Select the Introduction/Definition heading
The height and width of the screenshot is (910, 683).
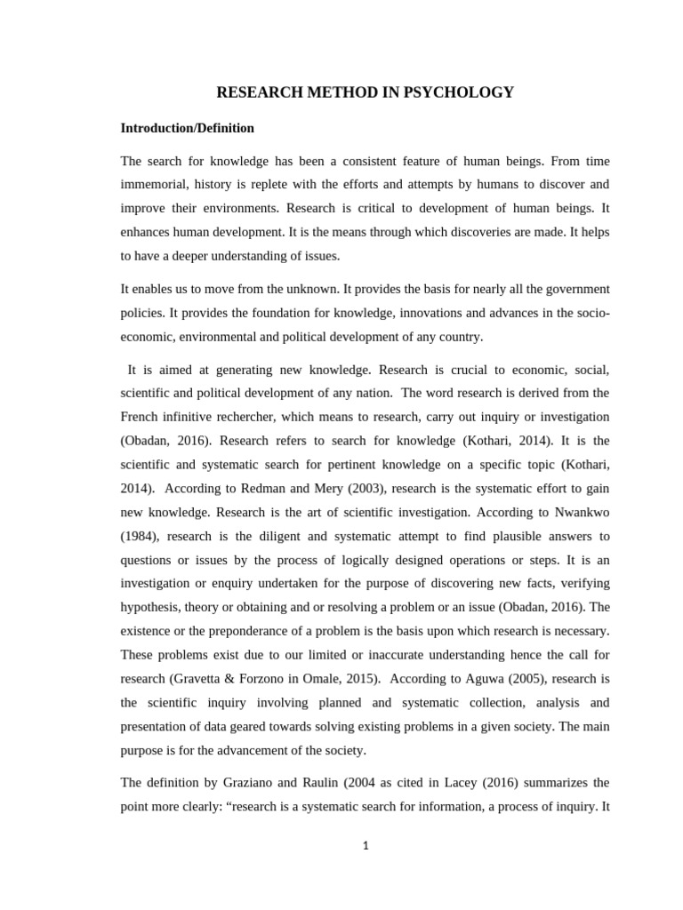point(187,128)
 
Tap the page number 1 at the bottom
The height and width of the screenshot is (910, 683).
point(365,845)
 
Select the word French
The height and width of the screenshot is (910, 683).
point(140,416)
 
